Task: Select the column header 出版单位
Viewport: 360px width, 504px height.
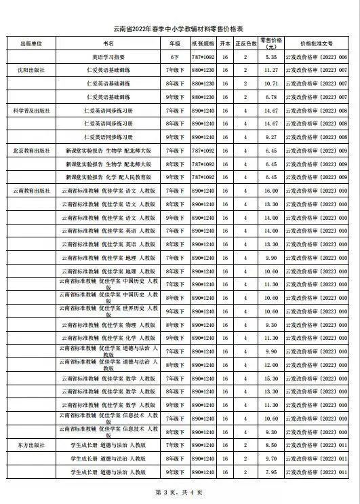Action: (x=31, y=43)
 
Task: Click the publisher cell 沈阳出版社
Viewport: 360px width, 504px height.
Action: (x=31, y=70)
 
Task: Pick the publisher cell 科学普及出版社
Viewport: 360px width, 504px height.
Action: (x=31, y=110)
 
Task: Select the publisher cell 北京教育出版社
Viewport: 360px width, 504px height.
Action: (x=31, y=150)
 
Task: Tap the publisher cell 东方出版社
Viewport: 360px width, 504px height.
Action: (x=31, y=445)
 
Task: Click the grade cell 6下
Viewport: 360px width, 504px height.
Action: (x=174, y=57)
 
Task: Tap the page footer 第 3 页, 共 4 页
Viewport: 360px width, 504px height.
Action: (x=179, y=491)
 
